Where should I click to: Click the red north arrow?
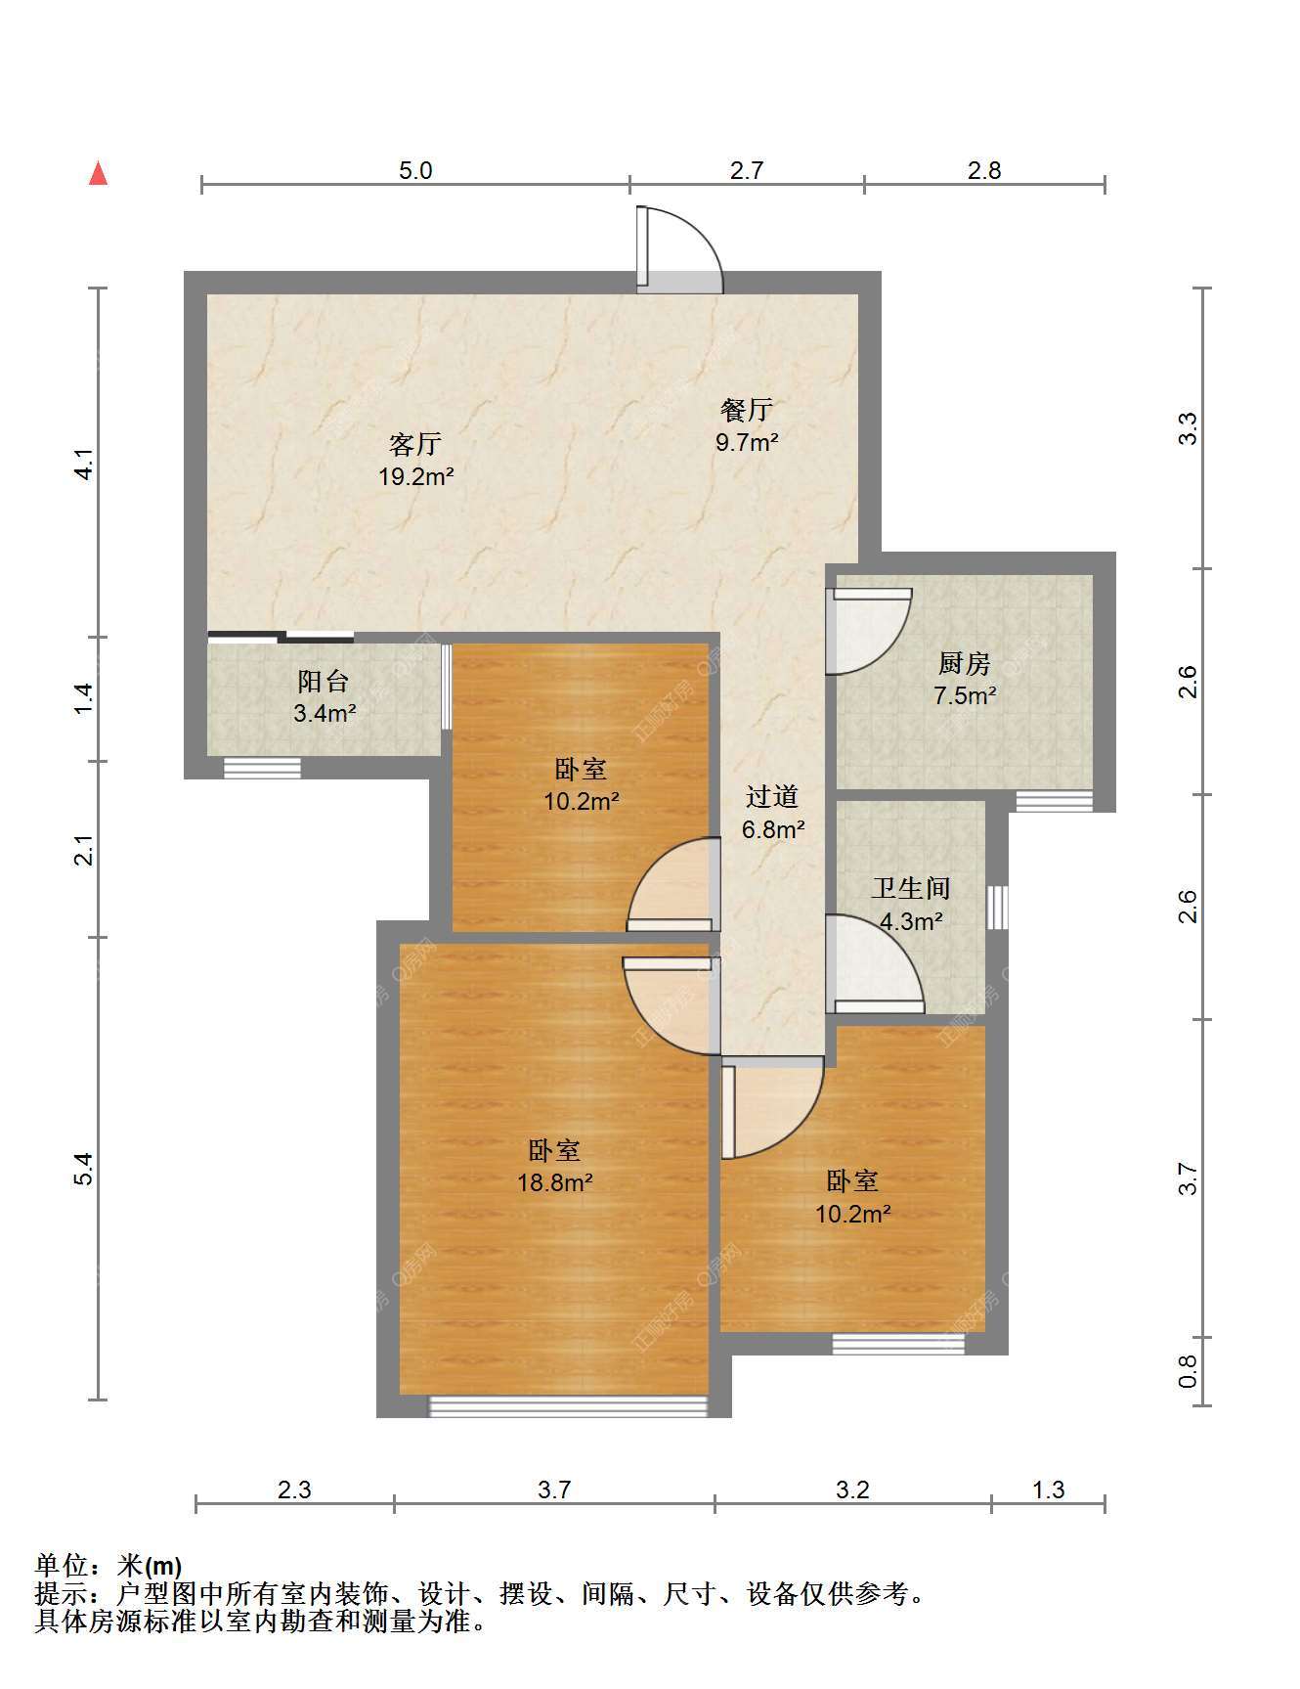point(98,173)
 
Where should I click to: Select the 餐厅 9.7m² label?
point(747,425)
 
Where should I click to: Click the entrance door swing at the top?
point(680,249)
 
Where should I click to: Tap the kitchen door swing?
point(868,631)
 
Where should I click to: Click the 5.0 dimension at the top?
point(415,170)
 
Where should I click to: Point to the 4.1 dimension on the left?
point(85,464)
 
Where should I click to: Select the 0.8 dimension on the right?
point(1188,1371)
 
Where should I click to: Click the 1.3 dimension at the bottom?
point(1048,1489)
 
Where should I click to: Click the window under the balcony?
point(262,768)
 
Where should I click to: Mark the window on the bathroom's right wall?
point(996,908)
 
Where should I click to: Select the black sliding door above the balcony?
point(281,638)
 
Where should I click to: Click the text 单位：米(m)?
point(108,1566)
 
